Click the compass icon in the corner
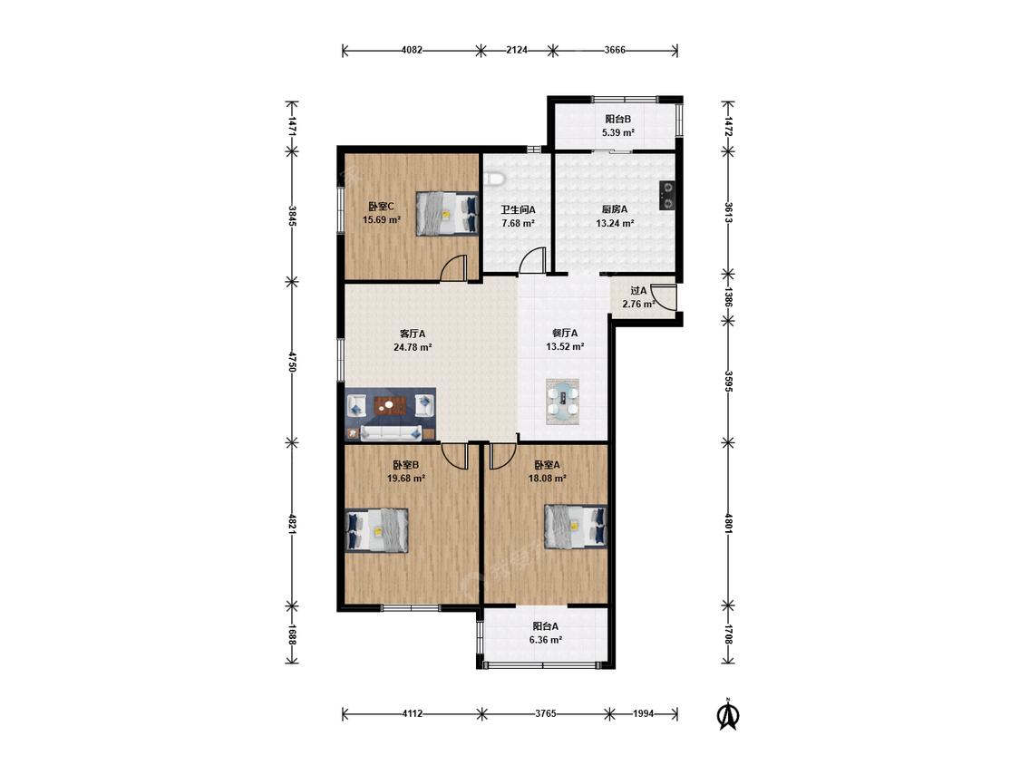coord(729,715)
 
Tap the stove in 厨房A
coord(666,195)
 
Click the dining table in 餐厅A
coord(563,402)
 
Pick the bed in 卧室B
coord(376,531)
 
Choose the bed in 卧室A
coord(576,527)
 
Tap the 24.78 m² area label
coord(413,347)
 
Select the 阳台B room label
coord(618,119)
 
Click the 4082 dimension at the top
coord(412,50)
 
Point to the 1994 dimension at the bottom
coord(644,713)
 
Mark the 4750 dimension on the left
coord(293,363)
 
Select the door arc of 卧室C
coord(453,267)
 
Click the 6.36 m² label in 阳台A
coord(546,640)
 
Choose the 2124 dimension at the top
coord(517,50)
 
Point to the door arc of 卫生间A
coord(533,261)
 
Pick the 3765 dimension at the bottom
coord(546,713)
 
